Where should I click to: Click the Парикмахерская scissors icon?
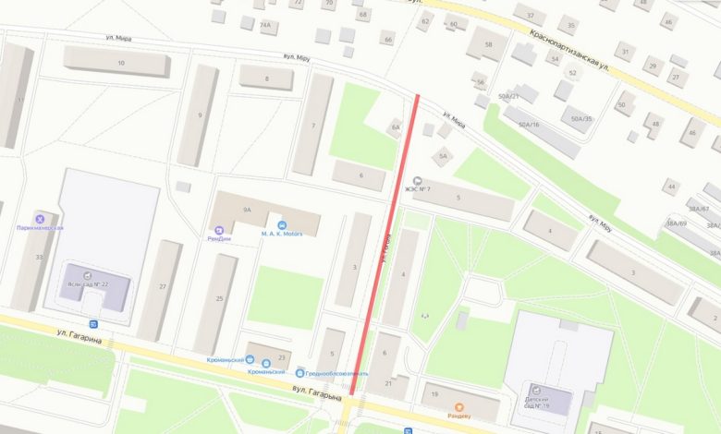click(x=40, y=218)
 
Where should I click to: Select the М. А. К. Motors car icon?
click(x=282, y=224)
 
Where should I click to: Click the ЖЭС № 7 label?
click(x=419, y=189)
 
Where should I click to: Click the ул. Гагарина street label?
click(x=78, y=334)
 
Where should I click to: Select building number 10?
click(x=121, y=63)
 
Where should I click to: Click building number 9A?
click(x=247, y=211)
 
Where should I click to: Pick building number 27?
click(x=163, y=287)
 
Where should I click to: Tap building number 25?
click(x=220, y=297)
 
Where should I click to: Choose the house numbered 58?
click(x=489, y=44)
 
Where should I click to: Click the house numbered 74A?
click(x=265, y=25)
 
